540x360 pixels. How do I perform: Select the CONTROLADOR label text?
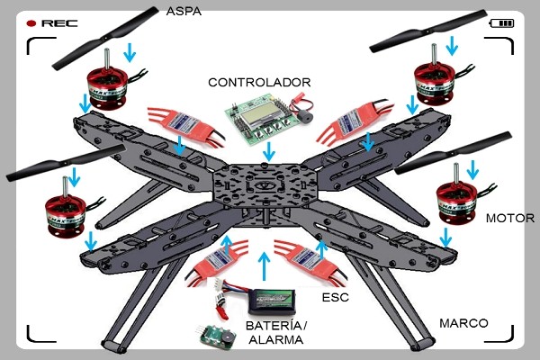[259, 82]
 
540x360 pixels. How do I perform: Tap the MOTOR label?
[509, 219]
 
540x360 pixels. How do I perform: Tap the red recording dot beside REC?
[31, 22]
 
